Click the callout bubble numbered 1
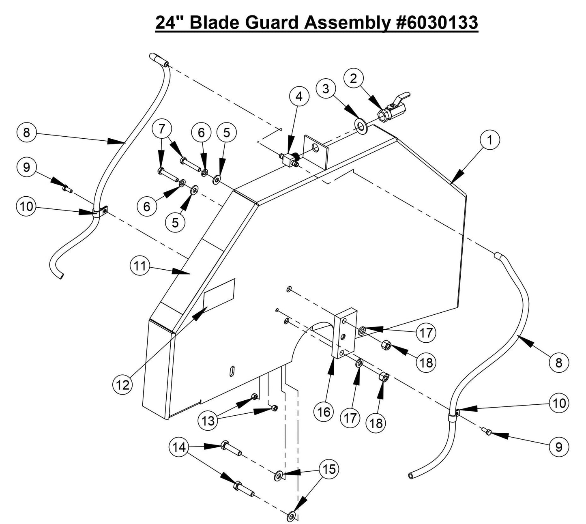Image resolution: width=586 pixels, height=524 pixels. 490,140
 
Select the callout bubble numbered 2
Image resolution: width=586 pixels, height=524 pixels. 353,79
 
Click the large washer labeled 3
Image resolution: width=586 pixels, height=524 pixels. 361,125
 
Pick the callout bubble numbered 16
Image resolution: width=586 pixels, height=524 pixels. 324,412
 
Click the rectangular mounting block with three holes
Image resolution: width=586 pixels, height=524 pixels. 344,333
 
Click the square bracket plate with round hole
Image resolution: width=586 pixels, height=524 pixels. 316,152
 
